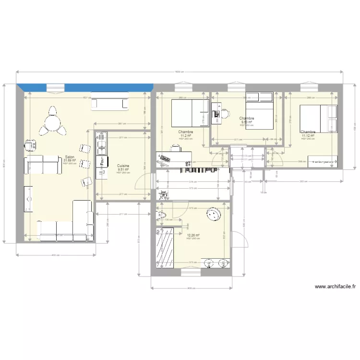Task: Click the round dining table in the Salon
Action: [x=51, y=122]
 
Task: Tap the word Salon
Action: [x=70, y=157]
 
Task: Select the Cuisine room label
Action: [x=123, y=166]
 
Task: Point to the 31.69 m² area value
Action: [x=70, y=161]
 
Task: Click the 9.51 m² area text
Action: [x=123, y=169]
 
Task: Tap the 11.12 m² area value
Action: [x=308, y=135]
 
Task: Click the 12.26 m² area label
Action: [x=193, y=235]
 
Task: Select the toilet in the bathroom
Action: [x=161, y=215]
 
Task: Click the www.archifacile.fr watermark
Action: [x=336, y=287]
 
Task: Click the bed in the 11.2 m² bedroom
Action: [x=190, y=113]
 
